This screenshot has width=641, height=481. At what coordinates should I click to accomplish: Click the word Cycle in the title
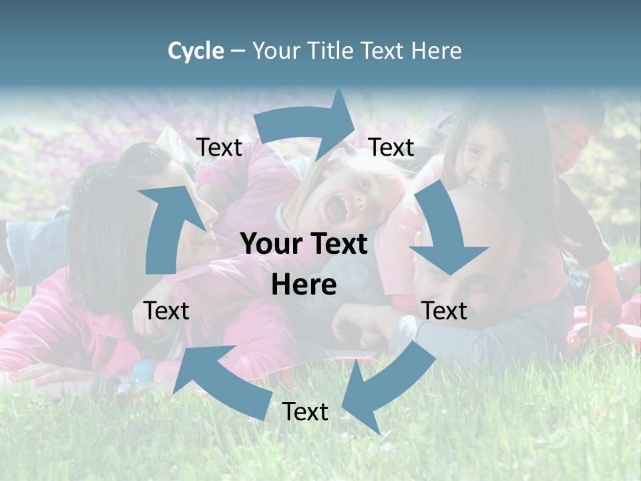coord(196,51)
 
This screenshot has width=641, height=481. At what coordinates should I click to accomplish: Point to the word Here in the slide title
coord(437,51)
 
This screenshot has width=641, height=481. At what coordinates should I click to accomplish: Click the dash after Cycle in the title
coord(238,51)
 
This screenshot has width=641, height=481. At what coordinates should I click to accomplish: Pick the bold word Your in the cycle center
coord(274,244)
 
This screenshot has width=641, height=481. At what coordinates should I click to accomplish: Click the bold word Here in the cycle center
coord(304,285)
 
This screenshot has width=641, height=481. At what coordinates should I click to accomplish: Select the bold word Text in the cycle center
coord(337,244)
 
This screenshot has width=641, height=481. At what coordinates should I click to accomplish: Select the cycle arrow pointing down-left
coord(381,387)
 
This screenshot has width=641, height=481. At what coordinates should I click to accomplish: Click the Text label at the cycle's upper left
coord(219,148)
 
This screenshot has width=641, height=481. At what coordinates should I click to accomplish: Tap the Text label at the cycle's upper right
coord(391,148)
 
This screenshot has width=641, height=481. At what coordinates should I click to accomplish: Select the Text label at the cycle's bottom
coord(305,412)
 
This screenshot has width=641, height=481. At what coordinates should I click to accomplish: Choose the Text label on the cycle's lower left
coord(166,311)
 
